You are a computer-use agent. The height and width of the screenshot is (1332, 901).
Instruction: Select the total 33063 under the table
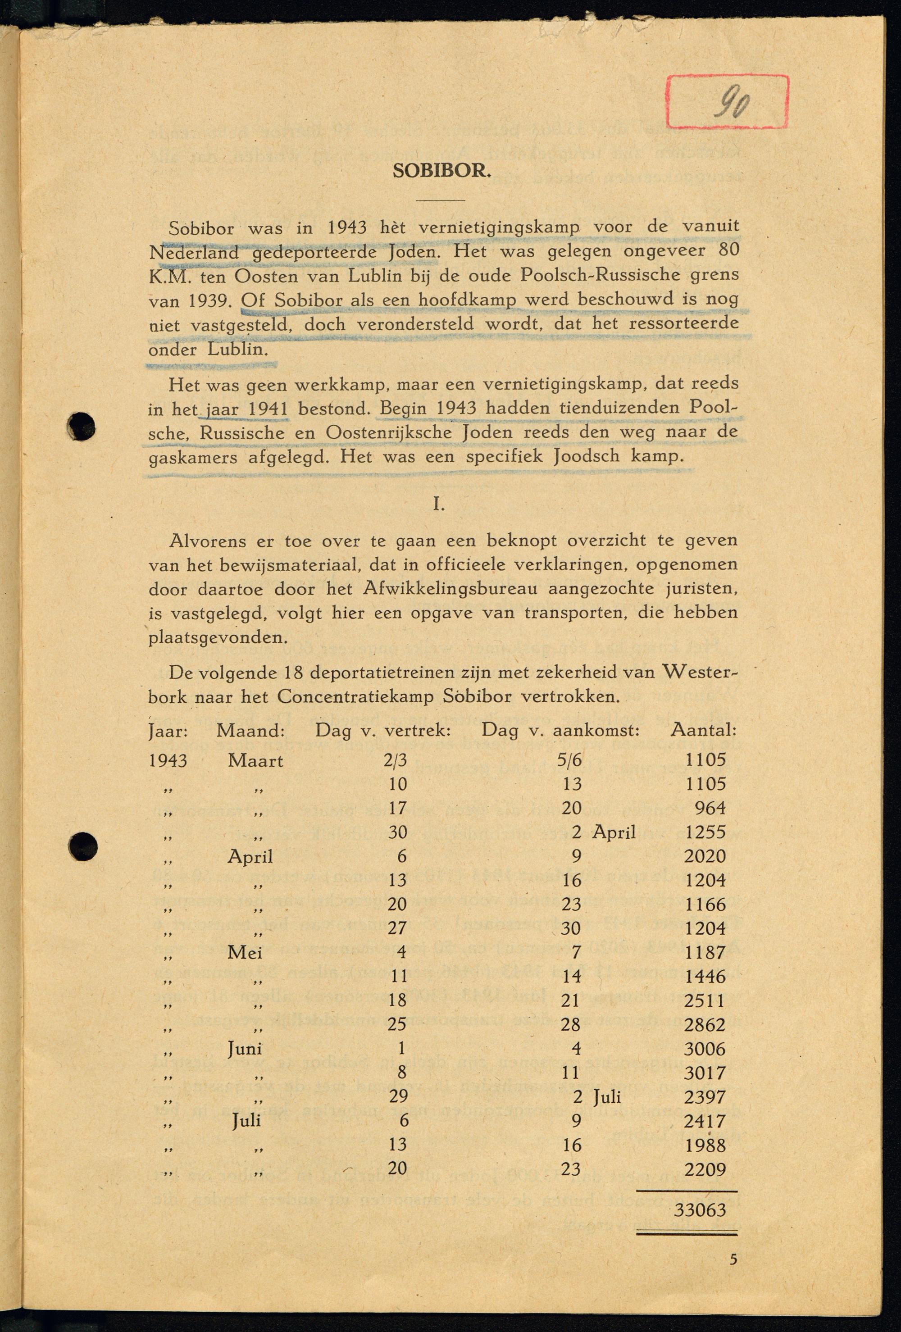pyautogui.click(x=700, y=1210)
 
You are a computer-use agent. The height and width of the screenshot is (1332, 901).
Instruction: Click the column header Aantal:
pyautogui.click(x=703, y=730)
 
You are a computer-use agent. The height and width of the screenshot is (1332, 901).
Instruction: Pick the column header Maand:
pyautogui.click(x=250, y=731)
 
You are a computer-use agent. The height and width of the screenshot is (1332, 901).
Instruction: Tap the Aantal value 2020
pyautogui.click(x=705, y=856)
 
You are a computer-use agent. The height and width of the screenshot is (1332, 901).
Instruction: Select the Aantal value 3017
pyautogui.click(x=705, y=1073)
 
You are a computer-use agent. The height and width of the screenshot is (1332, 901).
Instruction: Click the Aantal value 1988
pyautogui.click(x=705, y=1145)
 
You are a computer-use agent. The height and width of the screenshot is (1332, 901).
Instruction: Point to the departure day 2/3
pyautogui.click(x=396, y=760)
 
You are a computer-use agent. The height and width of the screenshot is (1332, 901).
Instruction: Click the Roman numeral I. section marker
pyautogui.click(x=438, y=505)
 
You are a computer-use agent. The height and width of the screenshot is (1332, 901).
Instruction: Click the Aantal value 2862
pyautogui.click(x=705, y=1025)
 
